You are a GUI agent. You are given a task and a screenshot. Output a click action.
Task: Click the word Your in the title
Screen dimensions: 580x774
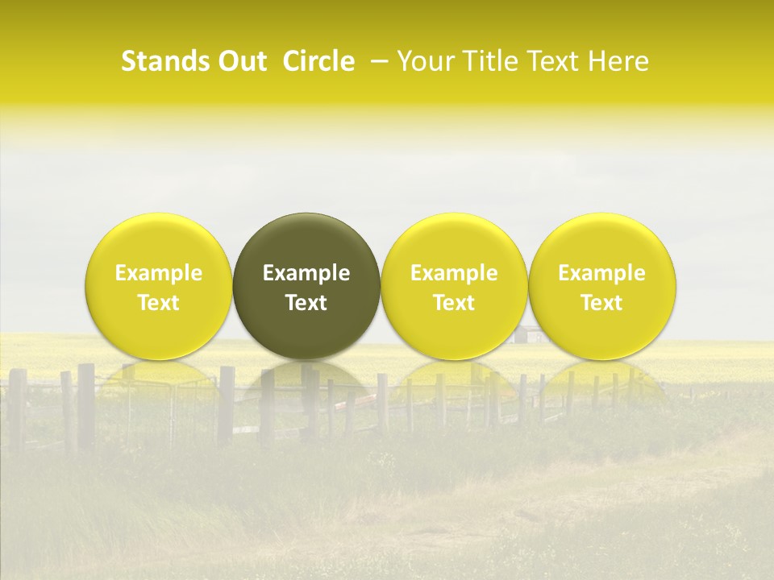(x=423, y=61)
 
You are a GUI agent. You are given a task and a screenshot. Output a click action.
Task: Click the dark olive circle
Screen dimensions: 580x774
(x=306, y=242)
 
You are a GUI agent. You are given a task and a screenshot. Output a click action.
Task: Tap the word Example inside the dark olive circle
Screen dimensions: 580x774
(x=306, y=273)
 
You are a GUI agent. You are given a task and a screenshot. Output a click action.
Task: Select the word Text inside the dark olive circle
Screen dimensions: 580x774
(x=306, y=303)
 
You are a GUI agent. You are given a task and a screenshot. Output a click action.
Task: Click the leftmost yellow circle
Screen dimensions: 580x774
(x=159, y=242)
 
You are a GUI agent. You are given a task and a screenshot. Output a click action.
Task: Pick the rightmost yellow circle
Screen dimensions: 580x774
(x=601, y=242)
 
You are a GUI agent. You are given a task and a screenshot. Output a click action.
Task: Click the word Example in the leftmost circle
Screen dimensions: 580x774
(x=159, y=273)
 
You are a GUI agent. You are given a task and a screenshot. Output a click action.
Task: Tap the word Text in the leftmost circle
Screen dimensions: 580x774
(x=159, y=303)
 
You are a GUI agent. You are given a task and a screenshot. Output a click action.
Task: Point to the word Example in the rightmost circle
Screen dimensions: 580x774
(x=601, y=273)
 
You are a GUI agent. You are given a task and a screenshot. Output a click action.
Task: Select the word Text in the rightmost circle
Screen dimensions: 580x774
(x=601, y=303)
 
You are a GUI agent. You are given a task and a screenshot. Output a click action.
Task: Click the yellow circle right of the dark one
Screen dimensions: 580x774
(x=454, y=242)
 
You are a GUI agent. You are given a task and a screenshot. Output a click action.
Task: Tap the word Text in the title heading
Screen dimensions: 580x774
(x=556, y=61)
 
